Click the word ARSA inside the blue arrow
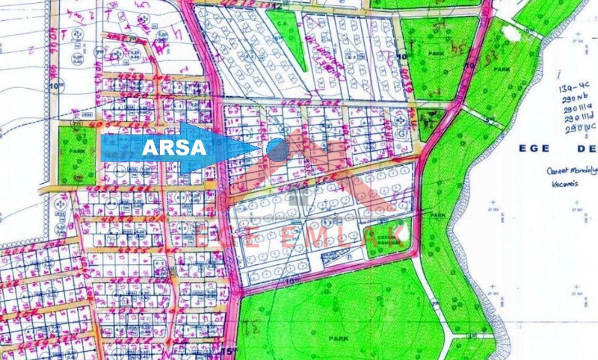point(174,147)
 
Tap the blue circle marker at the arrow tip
point(277,149)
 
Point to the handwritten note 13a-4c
point(574,87)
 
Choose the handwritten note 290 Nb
point(575,98)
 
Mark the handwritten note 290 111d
point(579,117)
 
